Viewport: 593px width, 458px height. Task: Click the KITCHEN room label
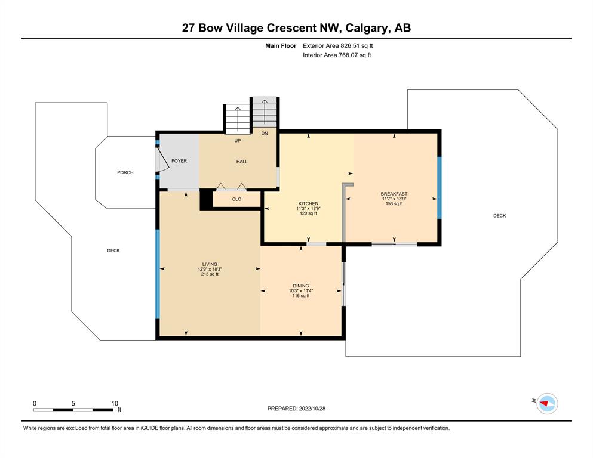click(x=308, y=203)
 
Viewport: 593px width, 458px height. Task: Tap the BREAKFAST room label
click(x=394, y=194)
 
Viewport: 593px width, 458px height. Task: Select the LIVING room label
click(x=210, y=264)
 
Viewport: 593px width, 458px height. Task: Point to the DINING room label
click(x=300, y=286)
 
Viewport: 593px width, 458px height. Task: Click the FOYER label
click(x=179, y=161)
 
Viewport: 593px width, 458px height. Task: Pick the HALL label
click(x=242, y=162)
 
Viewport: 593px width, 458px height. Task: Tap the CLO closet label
click(x=236, y=199)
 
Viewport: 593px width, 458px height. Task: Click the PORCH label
click(x=125, y=172)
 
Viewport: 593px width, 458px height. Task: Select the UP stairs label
click(x=238, y=141)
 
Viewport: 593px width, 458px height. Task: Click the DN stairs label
click(x=265, y=133)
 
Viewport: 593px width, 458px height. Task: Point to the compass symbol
click(x=547, y=404)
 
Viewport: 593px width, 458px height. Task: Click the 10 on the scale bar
click(x=115, y=403)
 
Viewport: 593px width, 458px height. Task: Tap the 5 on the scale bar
click(x=73, y=403)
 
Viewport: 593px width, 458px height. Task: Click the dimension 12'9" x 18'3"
click(x=210, y=269)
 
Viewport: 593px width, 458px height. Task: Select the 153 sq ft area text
click(x=394, y=203)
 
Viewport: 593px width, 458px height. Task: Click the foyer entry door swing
click(x=162, y=160)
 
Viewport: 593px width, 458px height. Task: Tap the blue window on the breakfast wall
click(x=440, y=188)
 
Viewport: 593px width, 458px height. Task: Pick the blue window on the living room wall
click(x=158, y=274)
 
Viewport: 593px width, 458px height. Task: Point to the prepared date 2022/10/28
click(x=312, y=409)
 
